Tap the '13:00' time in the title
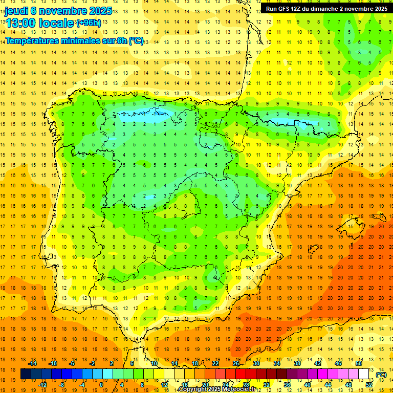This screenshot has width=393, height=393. coord(21,23)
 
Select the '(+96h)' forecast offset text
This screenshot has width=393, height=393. coord(89,23)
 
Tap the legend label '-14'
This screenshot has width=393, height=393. coord(33,364)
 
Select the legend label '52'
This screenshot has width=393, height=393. coord(369,385)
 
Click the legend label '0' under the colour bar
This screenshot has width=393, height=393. coord(101,385)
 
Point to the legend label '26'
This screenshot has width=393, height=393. coord(236,364)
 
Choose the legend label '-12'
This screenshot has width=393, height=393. coord(42,385)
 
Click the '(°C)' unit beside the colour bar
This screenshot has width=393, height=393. coord(381,375)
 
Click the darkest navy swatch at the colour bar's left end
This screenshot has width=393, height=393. coord(26,375)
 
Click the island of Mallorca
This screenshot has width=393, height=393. coord(350,224)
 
